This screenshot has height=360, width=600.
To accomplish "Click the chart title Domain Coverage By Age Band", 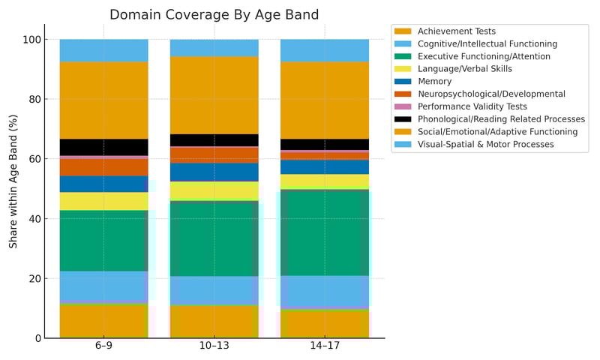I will tap(214, 15).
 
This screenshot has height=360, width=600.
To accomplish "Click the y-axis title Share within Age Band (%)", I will tap(13, 181).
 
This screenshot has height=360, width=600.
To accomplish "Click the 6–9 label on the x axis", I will tap(103, 349).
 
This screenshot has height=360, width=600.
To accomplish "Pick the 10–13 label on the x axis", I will tap(214, 349).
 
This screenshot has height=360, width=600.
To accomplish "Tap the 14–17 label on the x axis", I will tap(325, 349).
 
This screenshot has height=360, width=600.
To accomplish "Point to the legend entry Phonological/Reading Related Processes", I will tap(501, 119).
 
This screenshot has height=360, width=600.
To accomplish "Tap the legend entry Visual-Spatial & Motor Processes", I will tap(486, 144).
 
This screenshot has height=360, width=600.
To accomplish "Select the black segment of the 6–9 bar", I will tap(103, 147).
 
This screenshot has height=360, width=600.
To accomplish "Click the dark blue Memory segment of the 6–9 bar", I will tap(103, 184).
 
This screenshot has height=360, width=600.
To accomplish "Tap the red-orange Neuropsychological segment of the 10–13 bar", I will tap(214, 154).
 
